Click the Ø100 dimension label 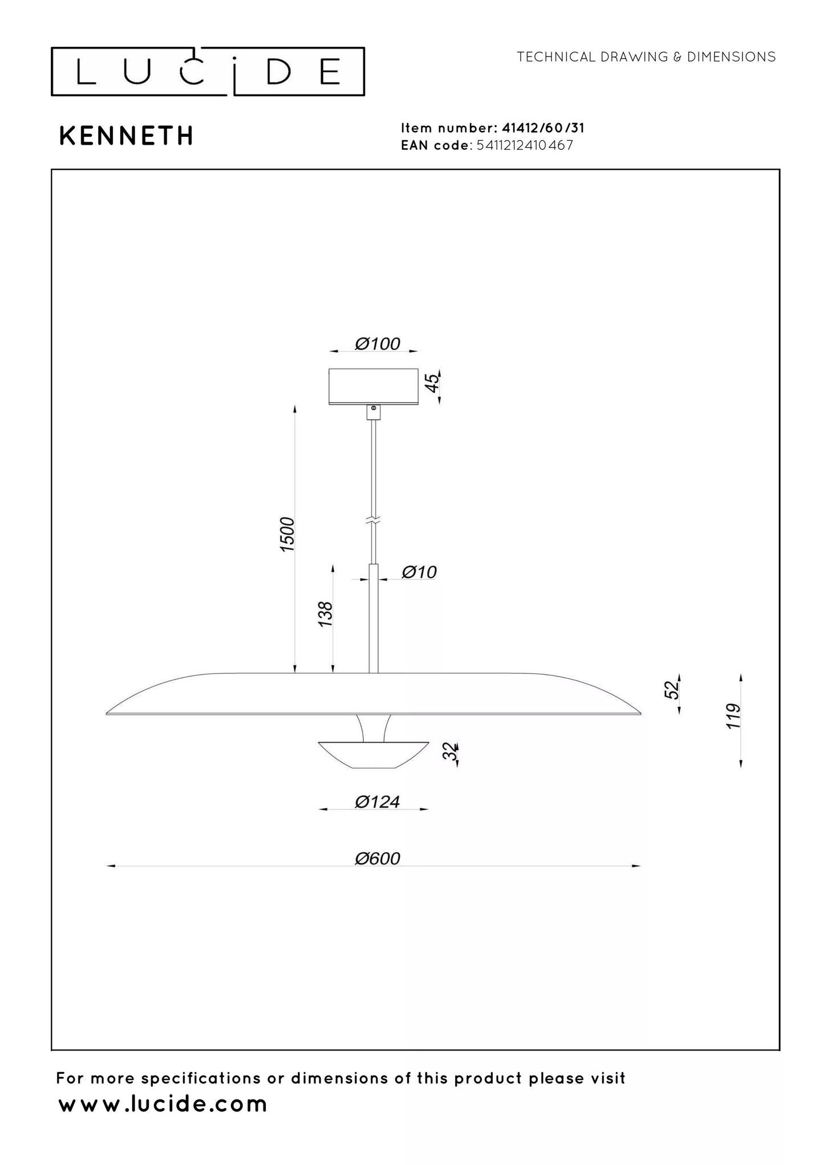tap(378, 344)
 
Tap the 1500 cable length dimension tap(287, 533)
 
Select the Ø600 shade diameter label tap(378, 874)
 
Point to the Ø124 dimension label tap(378, 802)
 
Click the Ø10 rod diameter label tap(419, 572)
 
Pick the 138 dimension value tap(325, 614)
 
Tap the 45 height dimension tap(433, 382)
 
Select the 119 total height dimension tap(733, 716)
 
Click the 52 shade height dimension tap(673, 690)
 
